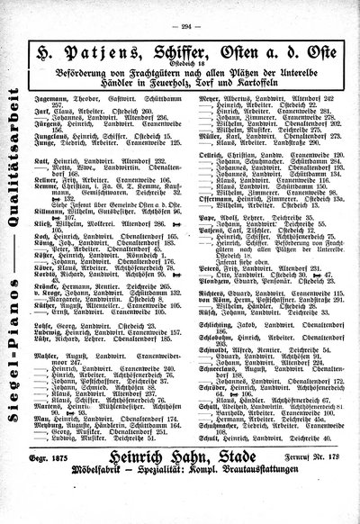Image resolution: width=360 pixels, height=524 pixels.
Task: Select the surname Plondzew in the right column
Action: [x=209, y=318]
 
